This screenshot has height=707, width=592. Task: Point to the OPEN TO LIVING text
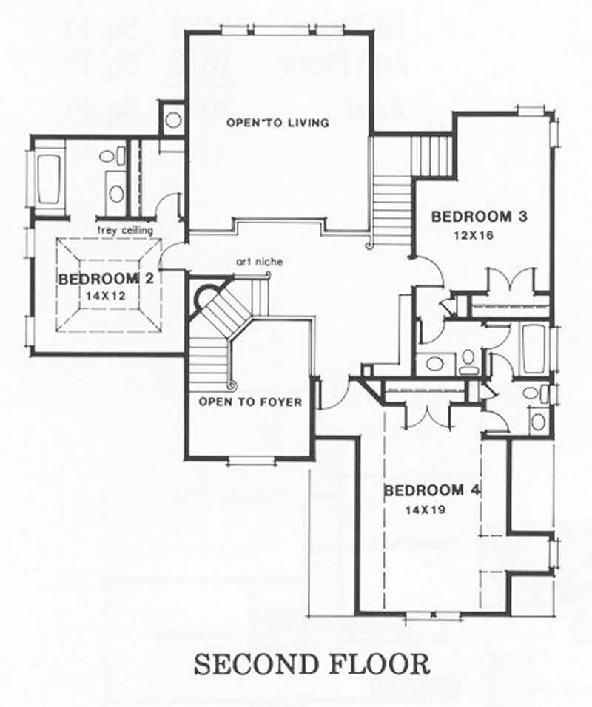[x=278, y=122]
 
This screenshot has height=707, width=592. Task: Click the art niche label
[x=260, y=261]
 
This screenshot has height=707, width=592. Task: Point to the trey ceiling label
[x=125, y=230]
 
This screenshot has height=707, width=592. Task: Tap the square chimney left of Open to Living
[x=173, y=120]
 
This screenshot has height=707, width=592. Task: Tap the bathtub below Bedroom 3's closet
[x=533, y=348]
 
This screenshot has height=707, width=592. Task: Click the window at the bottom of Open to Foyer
[x=250, y=461]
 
